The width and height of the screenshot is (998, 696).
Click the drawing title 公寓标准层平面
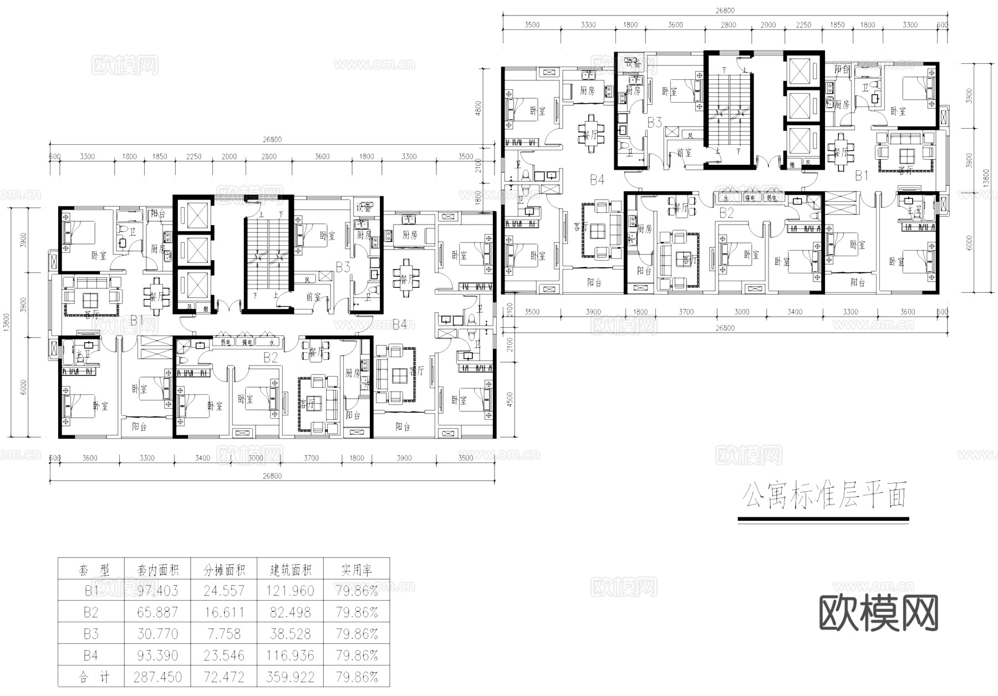pyautogui.click(x=824, y=495)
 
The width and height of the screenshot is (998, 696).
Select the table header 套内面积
pyautogui.click(x=158, y=570)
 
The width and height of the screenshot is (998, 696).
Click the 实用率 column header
pyautogui.click(x=357, y=570)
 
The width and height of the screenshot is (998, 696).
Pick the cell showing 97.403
pyautogui.click(x=158, y=591)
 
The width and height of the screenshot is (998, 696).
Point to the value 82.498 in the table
pyautogui.click(x=291, y=613)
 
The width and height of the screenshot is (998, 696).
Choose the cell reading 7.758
pyautogui.click(x=224, y=634)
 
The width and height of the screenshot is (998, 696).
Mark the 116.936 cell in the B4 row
pyautogui.click(x=291, y=656)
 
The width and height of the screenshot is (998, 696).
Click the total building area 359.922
pyautogui.click(x=291, y=678)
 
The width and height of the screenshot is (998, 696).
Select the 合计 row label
pyautogui.click(x=91, y=678)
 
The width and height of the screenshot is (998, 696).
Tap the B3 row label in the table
pyautogui.click(x=91, y=634)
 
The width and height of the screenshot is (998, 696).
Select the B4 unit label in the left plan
pyautogui.click(x=399, y=324)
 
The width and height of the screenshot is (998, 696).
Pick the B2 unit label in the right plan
pyautogui.click(x=726, y=213)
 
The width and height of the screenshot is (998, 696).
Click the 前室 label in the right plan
pyautogui.click(x=685, y=153)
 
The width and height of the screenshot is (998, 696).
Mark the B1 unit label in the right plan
pyautogui.click(x=861, y=176)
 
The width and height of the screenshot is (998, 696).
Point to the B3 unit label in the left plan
pyautogui.click(x=343, y=267)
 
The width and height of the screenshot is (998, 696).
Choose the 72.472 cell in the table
pyautogui.click(x=224, y=678)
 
